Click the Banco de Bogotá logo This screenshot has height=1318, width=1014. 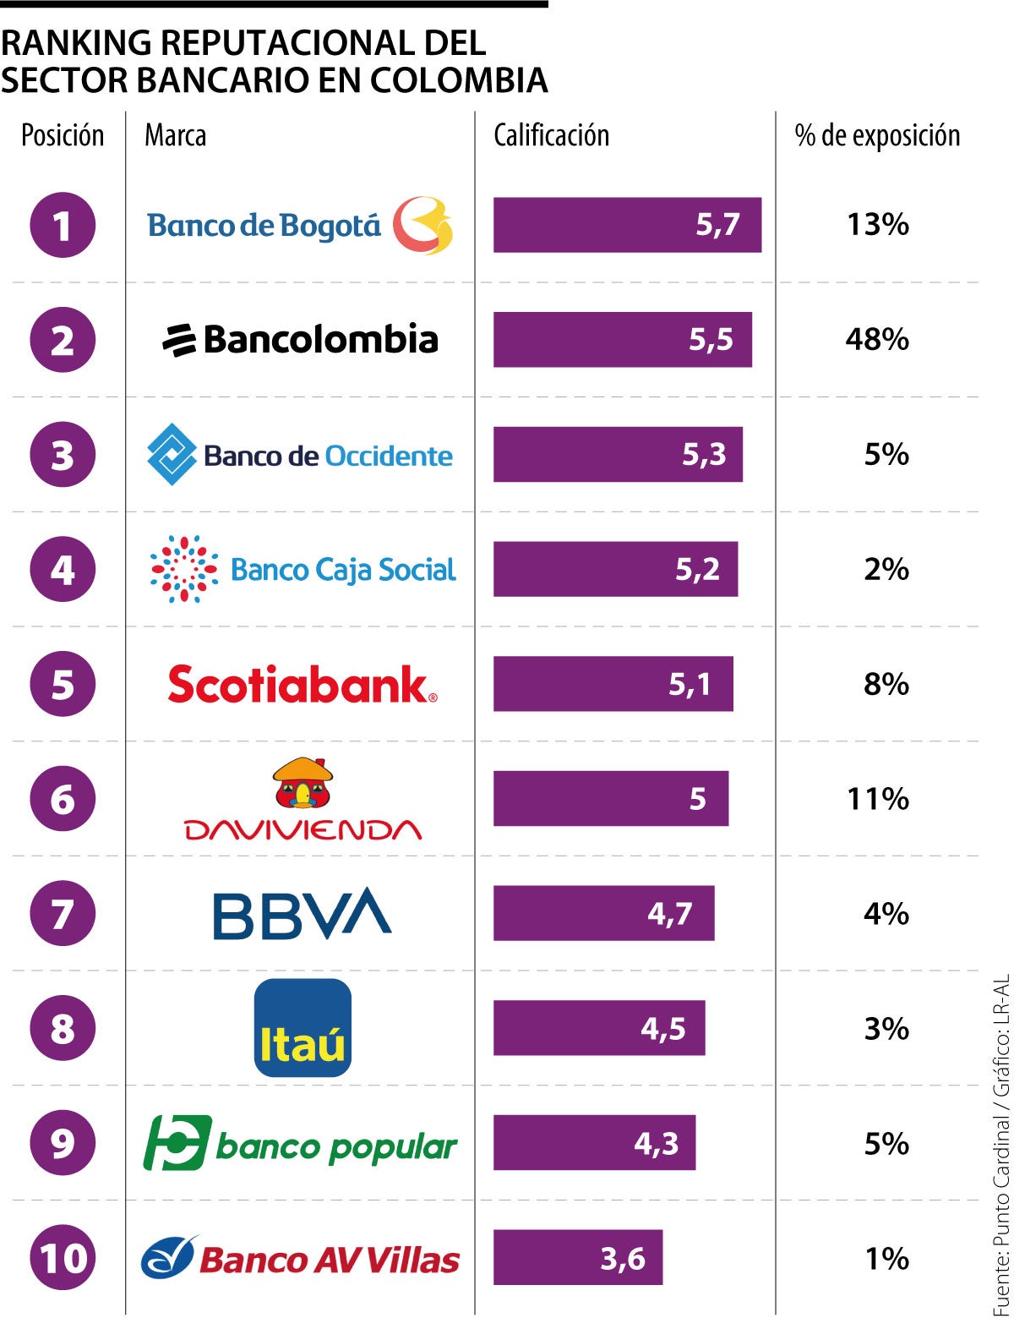coord(300,226)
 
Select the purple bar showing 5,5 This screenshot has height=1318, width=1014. coord(622,340)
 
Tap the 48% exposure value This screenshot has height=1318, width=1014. coord(877,340)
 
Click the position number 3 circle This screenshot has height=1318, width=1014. coord(63,455)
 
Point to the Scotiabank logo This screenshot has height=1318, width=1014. coord(302,685)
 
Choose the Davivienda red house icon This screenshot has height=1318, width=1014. coord(303,782)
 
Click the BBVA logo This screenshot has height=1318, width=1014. coord(302,914)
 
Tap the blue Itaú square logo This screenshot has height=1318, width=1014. coord(303,1028)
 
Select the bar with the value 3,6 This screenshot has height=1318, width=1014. coord(578,1258)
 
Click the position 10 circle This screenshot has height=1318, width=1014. coord(63,1258)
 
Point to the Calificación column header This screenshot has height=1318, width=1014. coord(551,135)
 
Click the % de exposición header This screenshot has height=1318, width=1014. coord(877,135)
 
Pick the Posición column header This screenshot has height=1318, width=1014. coord(63,135)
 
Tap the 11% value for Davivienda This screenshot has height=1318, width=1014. coord(877,799)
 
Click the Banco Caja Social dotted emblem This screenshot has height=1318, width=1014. coord(183,569)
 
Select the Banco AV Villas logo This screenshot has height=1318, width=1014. coord(300,1259)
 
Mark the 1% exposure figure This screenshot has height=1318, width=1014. coord(886,1258)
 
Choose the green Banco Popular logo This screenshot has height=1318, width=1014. coord(300,1144)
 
